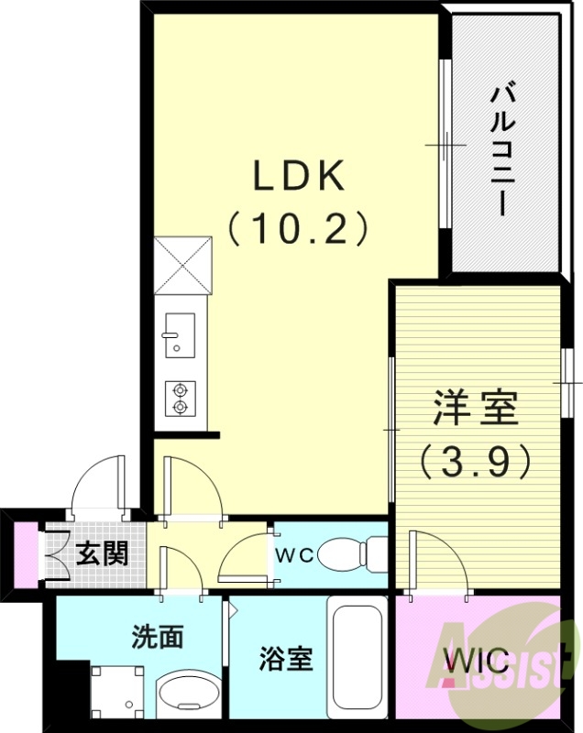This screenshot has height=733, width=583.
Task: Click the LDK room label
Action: click(298, 176)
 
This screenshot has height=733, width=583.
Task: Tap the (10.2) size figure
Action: click(298, 227)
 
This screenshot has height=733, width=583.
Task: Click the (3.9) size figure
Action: click(476, 461)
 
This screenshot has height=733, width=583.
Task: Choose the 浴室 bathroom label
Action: click(285, 658)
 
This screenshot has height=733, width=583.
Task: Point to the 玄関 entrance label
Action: click(102, 553)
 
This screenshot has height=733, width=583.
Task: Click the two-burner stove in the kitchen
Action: click(180, 397)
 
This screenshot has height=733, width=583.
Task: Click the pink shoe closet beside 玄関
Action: click(27, 555)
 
